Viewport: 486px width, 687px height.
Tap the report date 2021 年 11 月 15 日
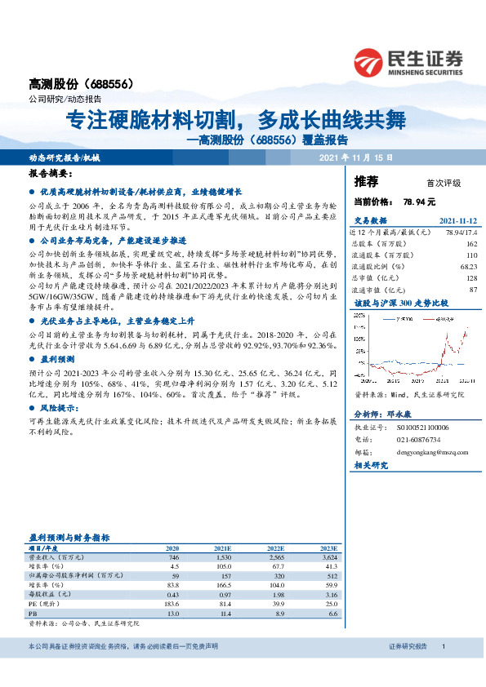click(355, 157)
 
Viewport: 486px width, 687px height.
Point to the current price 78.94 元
click(419, 201)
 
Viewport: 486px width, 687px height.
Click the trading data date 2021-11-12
click(458, 221)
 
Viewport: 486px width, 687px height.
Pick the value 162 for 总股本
click(471, 244)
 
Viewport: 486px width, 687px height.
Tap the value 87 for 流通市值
click(473, 289)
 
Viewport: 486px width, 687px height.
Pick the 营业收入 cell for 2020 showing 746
click(172, 556)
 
